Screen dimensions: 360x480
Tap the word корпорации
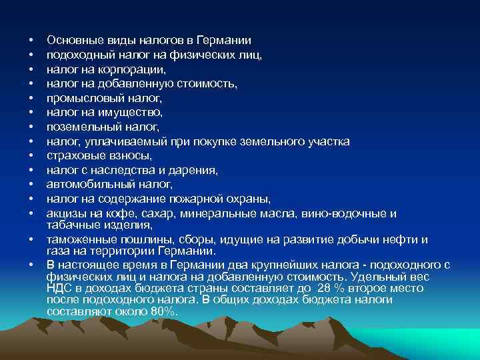(x=139, y=69)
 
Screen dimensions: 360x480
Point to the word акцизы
(x=65, y=213)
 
